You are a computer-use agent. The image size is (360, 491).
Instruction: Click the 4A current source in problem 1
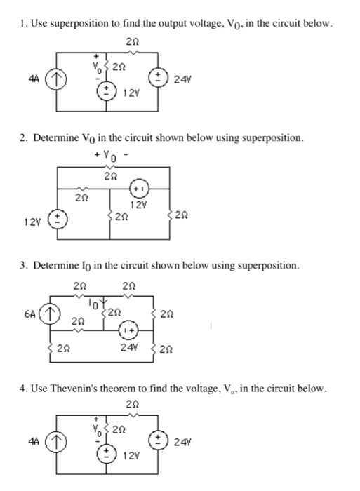[57, 79]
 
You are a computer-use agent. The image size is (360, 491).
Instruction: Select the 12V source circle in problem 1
[106, 93]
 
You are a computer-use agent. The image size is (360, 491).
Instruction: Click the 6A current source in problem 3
[50, 313]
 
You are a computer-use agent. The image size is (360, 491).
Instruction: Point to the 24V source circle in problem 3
[128, 330]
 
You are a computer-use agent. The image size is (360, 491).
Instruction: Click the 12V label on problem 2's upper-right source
[138, 205]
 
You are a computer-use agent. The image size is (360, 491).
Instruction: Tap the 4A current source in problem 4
[57, 442]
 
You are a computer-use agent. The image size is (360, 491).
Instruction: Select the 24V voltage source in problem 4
[158, 442]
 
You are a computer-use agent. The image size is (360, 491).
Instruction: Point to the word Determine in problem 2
[56, 137]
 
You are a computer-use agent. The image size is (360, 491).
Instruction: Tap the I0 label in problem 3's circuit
[94, 303]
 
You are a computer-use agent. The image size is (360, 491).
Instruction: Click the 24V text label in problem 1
[182, 80]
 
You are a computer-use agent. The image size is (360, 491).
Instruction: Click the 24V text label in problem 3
[128, 348]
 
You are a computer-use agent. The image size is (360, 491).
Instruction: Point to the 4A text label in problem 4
[34, 441]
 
